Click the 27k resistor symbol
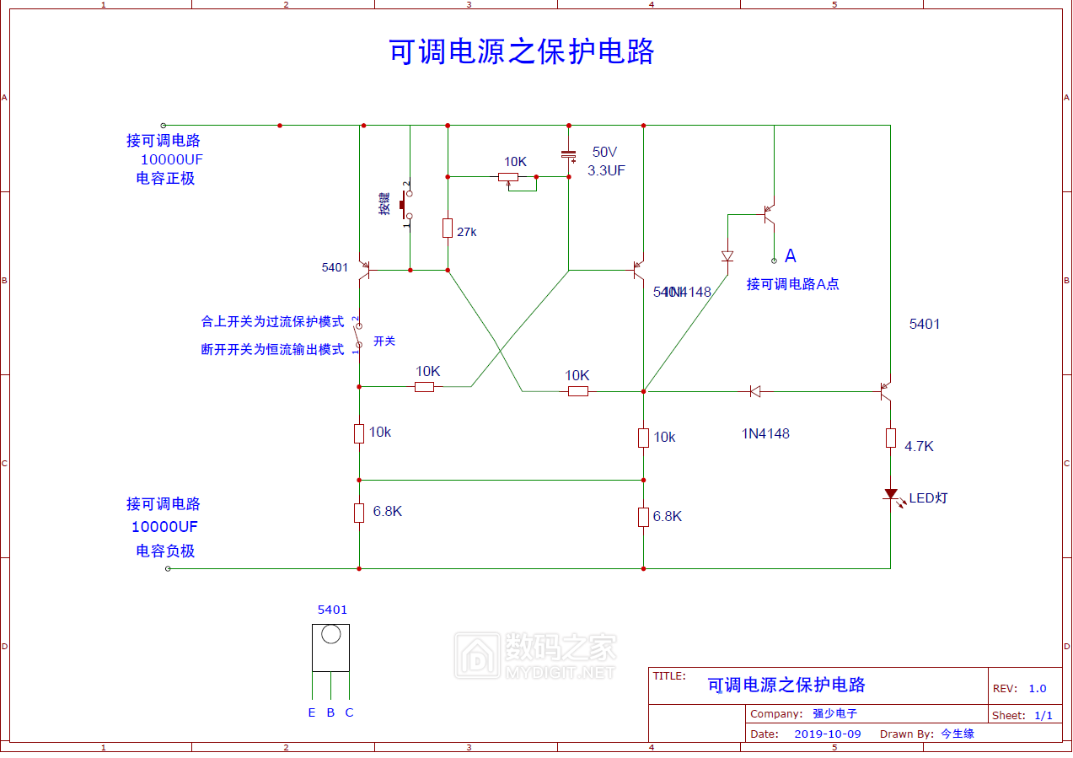pyautogui.click(x=448, y=228)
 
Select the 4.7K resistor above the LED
pyautogui.click(x=891, y=438)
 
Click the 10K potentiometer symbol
pyautogui.click(x=508, y=177)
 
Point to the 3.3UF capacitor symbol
pyautogui.click(x=569, y=155)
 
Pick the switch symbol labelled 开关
pyautogui.click(x=358, y=335)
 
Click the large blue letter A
pyautogui.click(x=791, y=255)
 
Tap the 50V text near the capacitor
pyautogui.click(x=604, y=153)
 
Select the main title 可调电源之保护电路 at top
pyautogui.click(x=522, y=52)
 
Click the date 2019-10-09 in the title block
pyautogui.click(x=828, y=734)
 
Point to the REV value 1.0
pyautogui.click(x=1037, y=689)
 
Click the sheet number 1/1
pyautogui.click(x=1043, y=715)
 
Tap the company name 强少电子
pyautogui.click(x=829, y=713)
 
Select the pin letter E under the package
pyautogui.click(x=312, y=712)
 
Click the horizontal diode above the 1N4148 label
pyautogui.click(x=755, y=391)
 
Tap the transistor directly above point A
pyautogui.click(x=768, y=214)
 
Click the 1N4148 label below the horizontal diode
pyautogui.click(x=765, y=433)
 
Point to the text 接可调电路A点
pyautogui.click(x=792, y=284)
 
